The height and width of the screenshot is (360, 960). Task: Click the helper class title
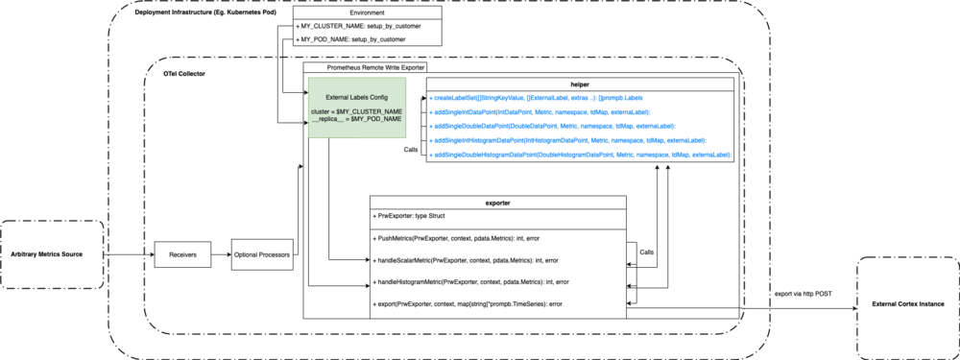(581, 84)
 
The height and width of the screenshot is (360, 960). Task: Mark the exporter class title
(498, 203)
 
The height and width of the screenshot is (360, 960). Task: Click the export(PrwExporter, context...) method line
(466, 304)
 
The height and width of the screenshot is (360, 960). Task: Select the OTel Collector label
(184, 74)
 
